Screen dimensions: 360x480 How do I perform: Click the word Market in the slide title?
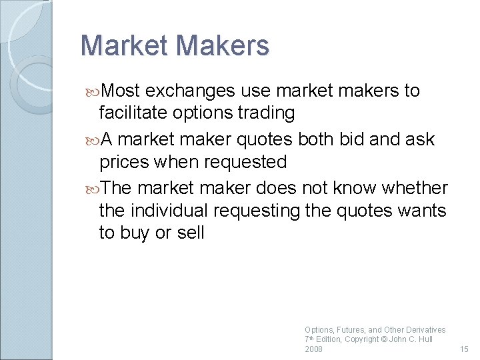point(121,45)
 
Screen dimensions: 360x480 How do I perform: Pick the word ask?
point(420,139)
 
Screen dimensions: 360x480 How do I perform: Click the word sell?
point(190,233)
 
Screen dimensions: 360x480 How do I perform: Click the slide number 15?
point(465,349)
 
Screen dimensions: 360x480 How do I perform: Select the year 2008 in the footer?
point(313,349)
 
